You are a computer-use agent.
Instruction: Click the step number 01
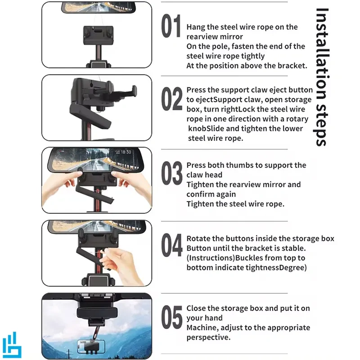[x=171, y=26]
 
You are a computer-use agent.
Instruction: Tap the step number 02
[x=172, y=99]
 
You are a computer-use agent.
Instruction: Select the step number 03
[x=172, y=173]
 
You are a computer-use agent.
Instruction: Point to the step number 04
[x=172, y=245]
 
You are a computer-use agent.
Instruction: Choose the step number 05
[x=172, y=317]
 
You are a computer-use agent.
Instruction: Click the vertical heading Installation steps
[x=321, y=77]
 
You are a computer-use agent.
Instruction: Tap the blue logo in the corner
[x=12, y=345]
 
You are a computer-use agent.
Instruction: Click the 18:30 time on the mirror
[x=126, y=152]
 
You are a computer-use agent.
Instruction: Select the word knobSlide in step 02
[x=206, y=129]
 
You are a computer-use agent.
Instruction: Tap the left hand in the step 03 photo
[x=61, y=186]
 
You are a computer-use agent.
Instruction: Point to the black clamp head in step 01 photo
[x=98, y=35]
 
